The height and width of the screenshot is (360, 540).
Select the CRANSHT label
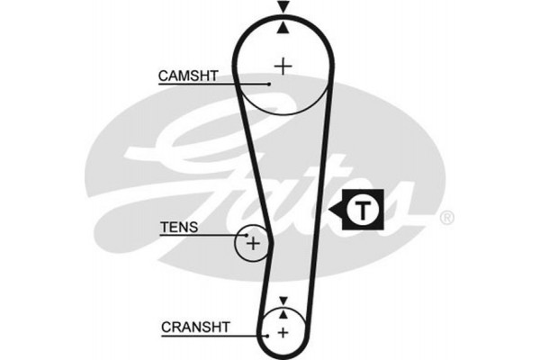pos(195,326)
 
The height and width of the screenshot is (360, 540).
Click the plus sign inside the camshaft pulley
pos(284,65)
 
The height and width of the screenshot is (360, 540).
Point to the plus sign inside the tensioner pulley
pos(253,242)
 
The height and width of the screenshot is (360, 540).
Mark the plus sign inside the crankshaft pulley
pos(283,333)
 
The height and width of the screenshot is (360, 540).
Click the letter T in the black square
pos(362,211)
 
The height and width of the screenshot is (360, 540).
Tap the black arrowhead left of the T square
pos(337,211)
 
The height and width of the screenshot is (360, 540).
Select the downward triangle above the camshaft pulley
pos(284,8)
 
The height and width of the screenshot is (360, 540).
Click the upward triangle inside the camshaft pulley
pos(284,29)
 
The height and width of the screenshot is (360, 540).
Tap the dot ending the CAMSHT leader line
pos(268,84)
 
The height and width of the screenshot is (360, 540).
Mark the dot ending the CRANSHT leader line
pos(267,333)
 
